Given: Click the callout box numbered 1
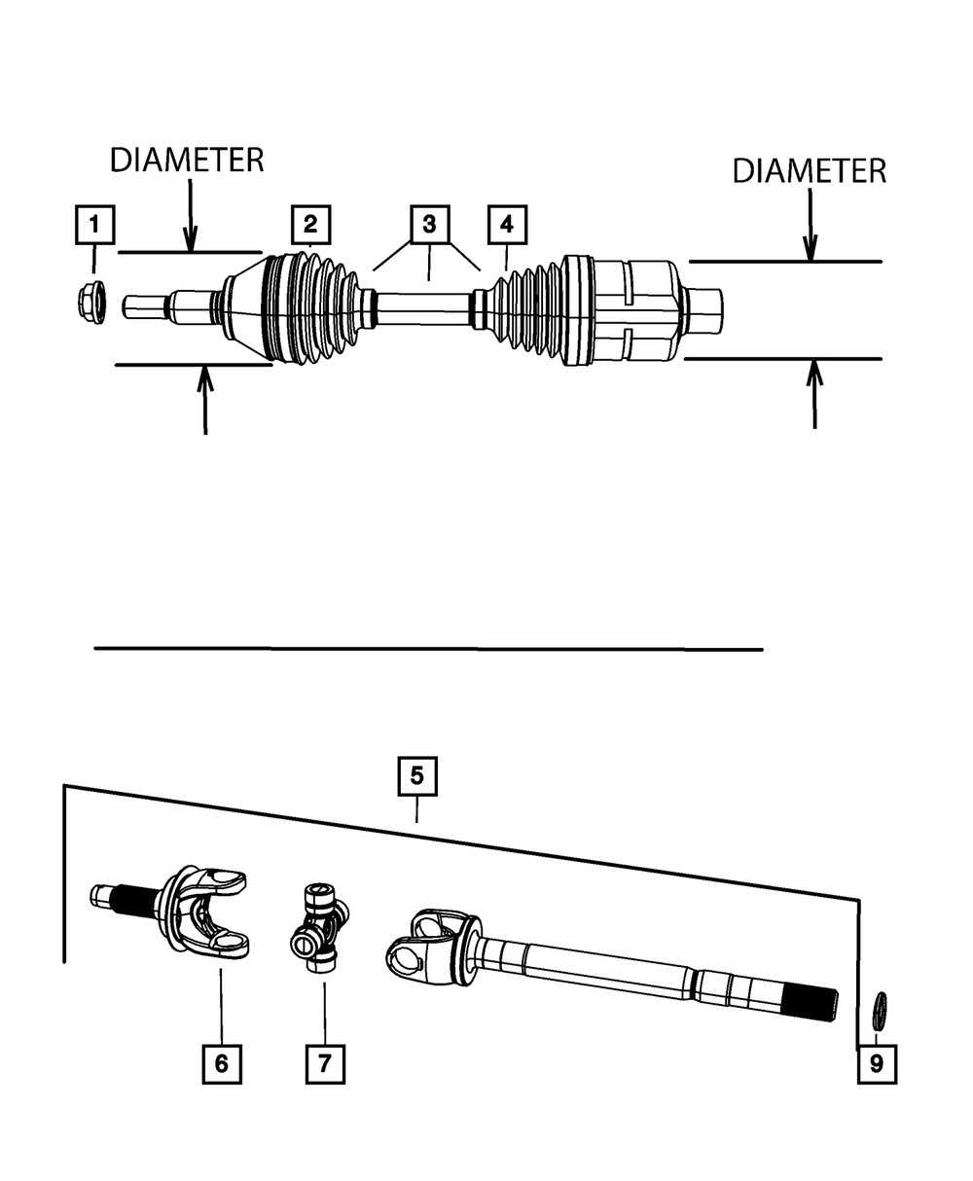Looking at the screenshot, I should click(x=94, y=225).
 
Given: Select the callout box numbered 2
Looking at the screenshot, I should click(x=309, y=225).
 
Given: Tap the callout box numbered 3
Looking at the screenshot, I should click(x=428, y=225).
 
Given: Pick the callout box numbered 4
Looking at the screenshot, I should click(x=506, y=225).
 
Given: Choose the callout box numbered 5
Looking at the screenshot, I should click(x=416, y=776).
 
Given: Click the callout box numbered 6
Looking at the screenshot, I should click(x=222, y=1063).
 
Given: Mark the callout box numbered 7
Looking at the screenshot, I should click(x=325, y=1063).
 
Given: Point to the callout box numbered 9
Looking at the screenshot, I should click(x=877, y=1063).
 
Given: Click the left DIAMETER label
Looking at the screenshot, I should click(x=187, y=161).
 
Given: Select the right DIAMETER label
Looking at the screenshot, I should click(x=810, y=172).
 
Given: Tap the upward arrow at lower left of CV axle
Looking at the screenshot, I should click(x=204, y=399).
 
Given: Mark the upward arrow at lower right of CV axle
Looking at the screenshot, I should click(x=814, y=394).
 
